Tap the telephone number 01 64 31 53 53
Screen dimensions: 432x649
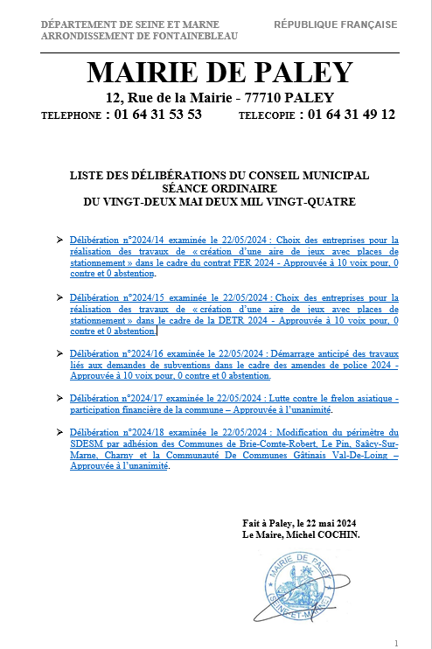point(154,115)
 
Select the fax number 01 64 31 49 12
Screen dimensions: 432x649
point(347,115)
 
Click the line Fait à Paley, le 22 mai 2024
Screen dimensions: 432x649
point(298,523)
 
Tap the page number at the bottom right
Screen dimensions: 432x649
point(396,642)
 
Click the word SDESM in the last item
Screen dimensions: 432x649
point(85,443)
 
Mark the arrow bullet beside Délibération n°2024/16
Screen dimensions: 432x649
point(59,354)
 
